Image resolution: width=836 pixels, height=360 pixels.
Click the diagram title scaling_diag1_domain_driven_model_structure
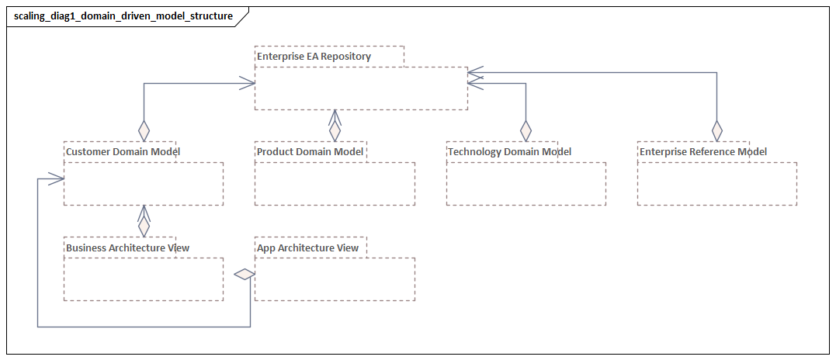pos(123,16)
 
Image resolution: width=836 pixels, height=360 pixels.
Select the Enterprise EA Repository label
pos(314,57)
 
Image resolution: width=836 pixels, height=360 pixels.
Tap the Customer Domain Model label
pos(123,152)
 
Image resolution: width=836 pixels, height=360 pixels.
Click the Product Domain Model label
pos(310,152)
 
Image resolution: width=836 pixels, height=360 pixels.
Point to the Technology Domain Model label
pos(509,152)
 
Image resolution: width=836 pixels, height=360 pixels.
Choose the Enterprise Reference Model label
pos(702,152)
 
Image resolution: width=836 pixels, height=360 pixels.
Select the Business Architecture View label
pos(127,248)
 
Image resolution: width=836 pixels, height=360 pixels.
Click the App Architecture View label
pos(307,248)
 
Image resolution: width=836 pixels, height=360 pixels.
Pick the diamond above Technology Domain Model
pos(526,130)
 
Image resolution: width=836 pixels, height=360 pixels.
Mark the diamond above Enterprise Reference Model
pos(716,130)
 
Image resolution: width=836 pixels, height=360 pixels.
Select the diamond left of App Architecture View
pos(245,274)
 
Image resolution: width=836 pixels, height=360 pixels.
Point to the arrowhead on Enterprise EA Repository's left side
pos(248,82)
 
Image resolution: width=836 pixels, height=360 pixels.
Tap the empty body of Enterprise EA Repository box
pos(361,88)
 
